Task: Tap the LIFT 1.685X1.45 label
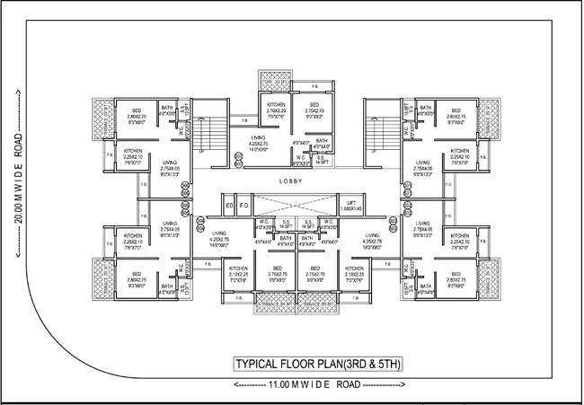(356, 207)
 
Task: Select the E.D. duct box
(230, 207)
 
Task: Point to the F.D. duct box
(243, 207)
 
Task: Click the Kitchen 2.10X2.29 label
(276, 112)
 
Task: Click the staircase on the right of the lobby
(376, 138)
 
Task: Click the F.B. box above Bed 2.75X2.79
(316, 87)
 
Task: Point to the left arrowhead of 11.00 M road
(234, 384)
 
